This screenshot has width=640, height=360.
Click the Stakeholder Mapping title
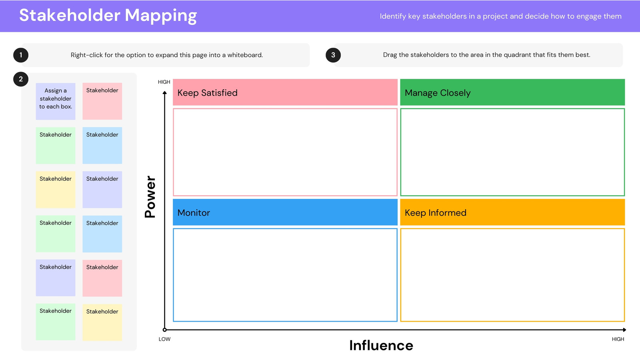tap(108, 16)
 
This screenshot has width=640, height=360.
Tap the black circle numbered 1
tap(21, 55)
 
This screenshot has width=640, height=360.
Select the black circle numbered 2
tap(21, 79)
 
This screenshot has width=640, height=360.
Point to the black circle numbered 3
tap(333, 55)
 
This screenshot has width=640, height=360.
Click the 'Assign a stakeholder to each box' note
tap(56, 101)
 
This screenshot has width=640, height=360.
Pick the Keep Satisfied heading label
tap(208, 93)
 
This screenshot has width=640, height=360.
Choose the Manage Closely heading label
tap(438, 93)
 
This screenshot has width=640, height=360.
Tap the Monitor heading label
tap(194, 213)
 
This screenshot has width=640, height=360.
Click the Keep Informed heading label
tap(436, 213)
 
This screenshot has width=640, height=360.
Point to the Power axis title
tap(150, 197)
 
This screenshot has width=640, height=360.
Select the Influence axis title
tap(381, 346)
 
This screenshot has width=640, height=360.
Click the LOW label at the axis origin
tap(164, 339)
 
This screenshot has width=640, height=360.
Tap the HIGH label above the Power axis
tap(164, 82)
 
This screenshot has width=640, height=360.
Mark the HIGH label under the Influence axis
tap(618, 339)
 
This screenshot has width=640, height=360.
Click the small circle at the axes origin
tap(164, 330)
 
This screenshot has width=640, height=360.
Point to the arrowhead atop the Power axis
tap(164, 92)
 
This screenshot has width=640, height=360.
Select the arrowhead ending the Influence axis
tap(624, 330)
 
